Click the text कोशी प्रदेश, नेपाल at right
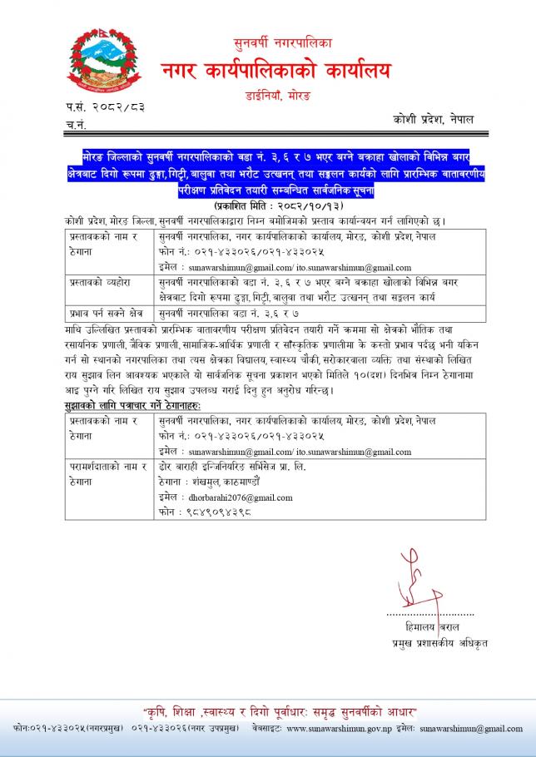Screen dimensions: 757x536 [433, 120]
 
